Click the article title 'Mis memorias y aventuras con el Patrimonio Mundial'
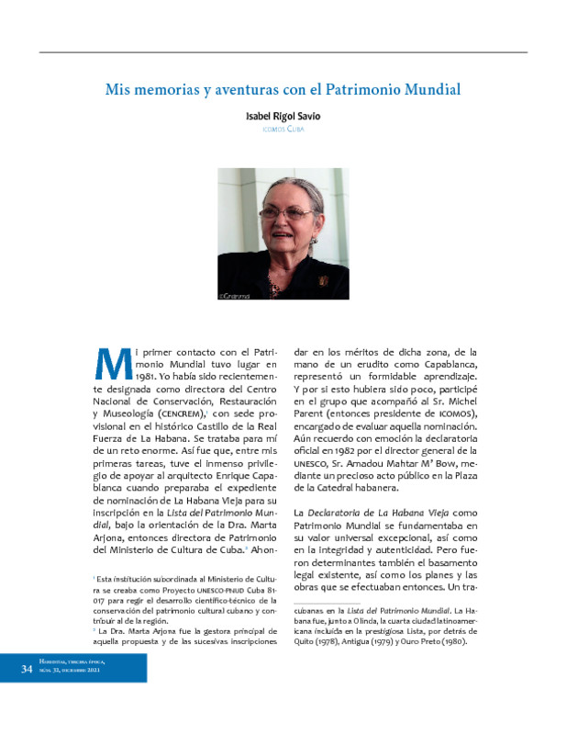coord(283,91)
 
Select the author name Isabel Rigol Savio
coord(283,118)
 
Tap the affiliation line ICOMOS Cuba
coord(283,130)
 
